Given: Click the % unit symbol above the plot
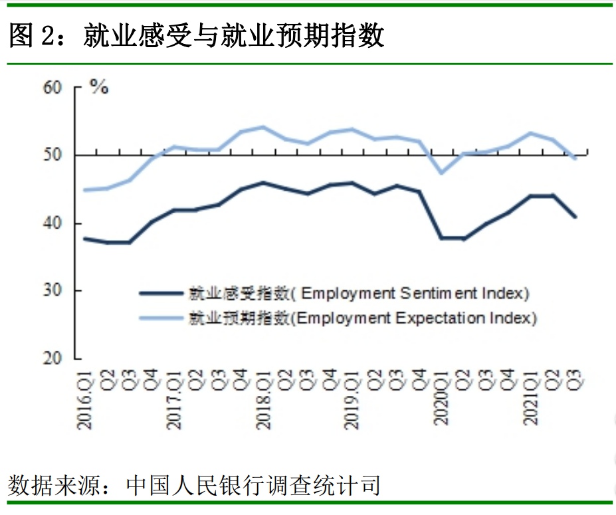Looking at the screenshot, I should pos(99,87).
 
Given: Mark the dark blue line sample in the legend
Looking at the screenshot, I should pos(161,293).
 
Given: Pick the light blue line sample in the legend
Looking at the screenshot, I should pos(161,318).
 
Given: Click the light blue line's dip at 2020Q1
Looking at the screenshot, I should pos(442,173).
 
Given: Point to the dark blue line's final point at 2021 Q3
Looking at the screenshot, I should pos(575,217).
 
